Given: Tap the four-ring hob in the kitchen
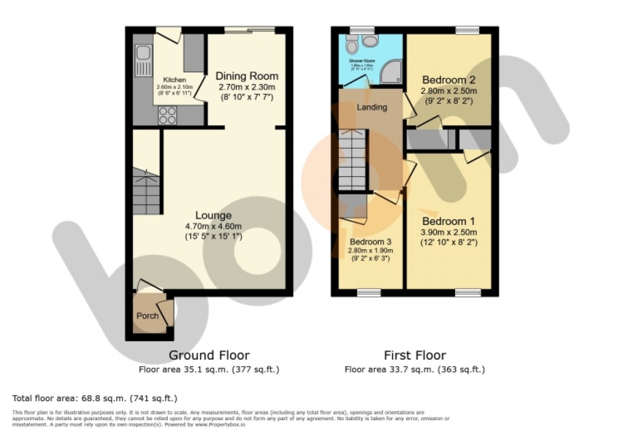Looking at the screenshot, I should pos(168,114).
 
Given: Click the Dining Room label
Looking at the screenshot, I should pos(247,76).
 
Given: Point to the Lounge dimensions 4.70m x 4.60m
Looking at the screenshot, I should pos(213,226).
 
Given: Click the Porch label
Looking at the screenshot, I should pos(147,316).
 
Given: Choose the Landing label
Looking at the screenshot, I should pos(371,107).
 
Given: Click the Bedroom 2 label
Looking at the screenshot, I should pos(449,80).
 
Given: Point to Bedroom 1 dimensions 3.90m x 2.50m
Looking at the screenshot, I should pos(449,232).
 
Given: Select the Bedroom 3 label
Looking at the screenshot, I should pos(370,242).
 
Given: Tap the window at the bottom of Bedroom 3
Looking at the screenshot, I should pos(368,292).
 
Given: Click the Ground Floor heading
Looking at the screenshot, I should pos(209,355).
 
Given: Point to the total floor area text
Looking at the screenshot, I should pos(94,399).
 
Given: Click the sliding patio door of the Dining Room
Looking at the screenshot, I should pos(249,30).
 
